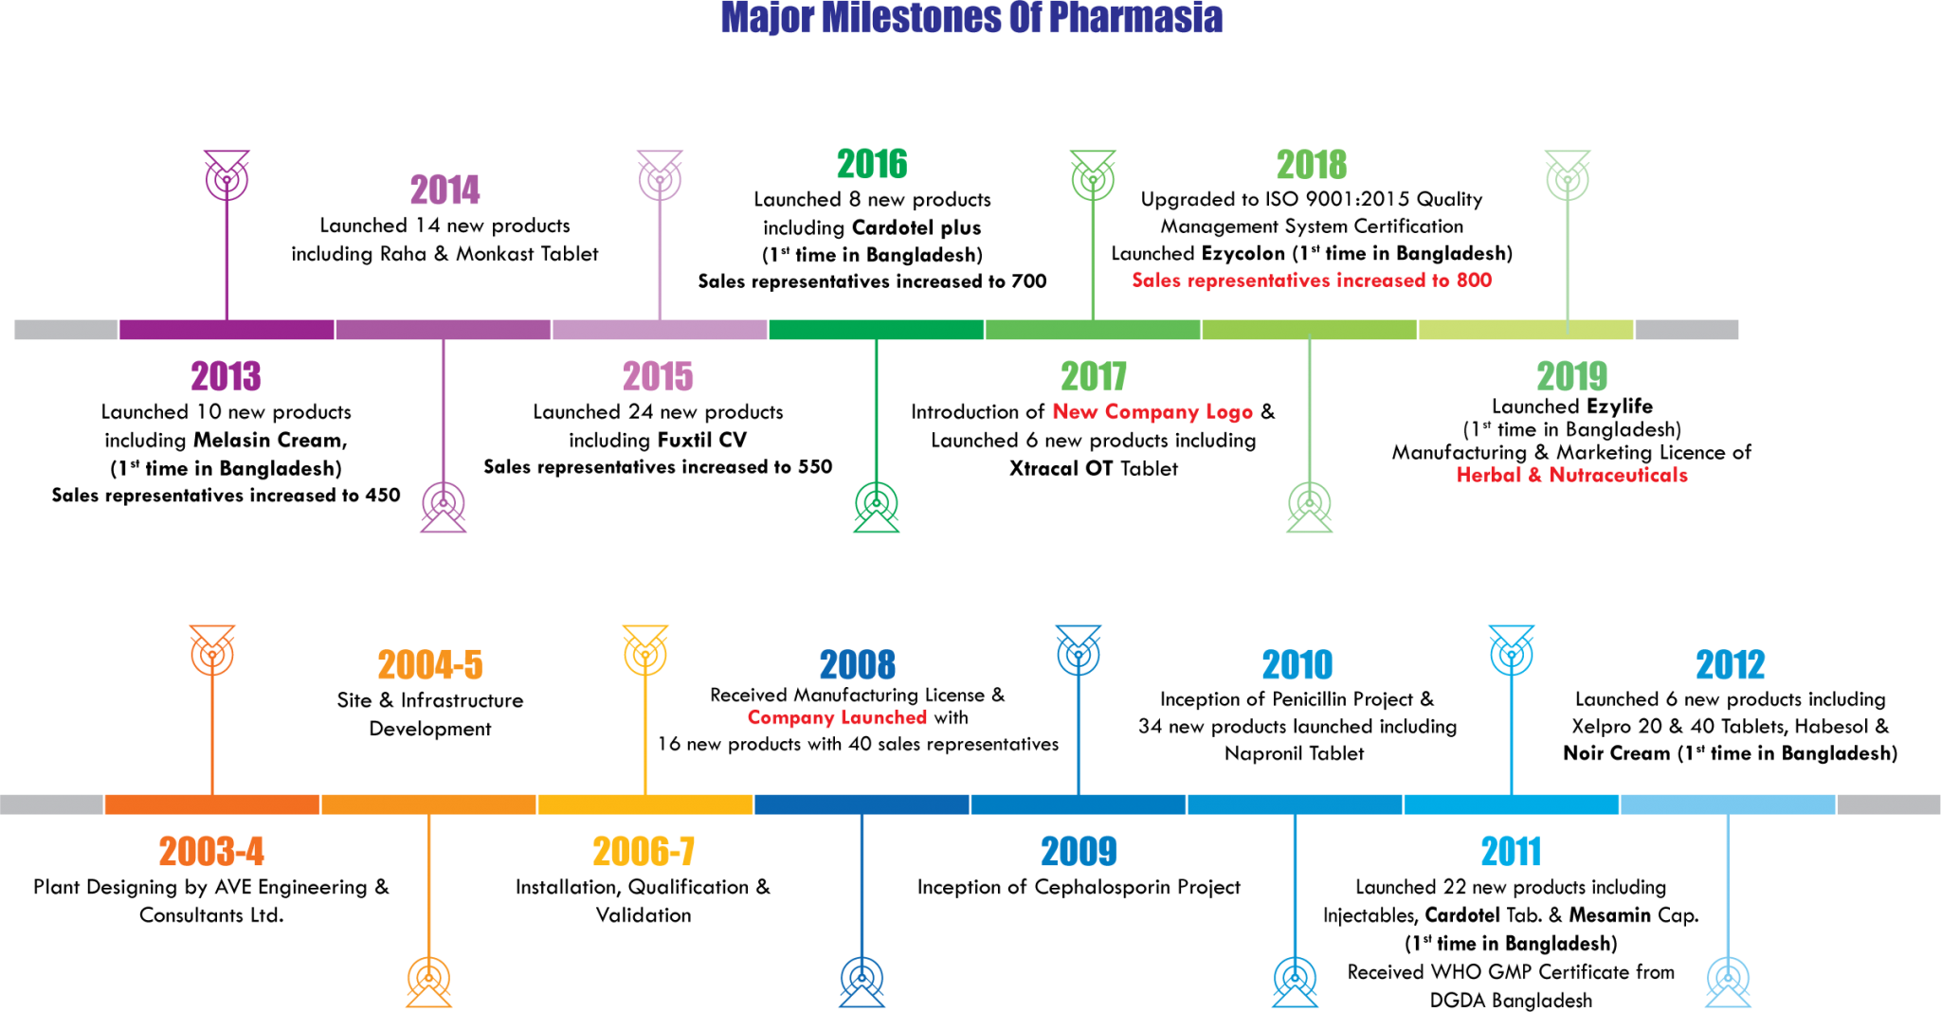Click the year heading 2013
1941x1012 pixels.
[226, 376]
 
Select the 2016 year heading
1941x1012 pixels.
[872, 164]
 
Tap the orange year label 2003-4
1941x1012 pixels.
[211, 851]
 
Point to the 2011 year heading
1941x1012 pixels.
[1511, 851]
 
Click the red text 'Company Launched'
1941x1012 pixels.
[837, 717]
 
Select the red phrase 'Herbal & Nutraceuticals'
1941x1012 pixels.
[1571, 475]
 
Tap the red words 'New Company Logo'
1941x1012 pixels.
[1152, 412]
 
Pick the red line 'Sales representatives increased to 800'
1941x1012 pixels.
[1312, 280]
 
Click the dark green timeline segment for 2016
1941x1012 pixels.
[876, 329]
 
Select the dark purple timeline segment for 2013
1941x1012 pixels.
[227, 329]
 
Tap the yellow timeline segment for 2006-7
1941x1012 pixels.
[645, 804]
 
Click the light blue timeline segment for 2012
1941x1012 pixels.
[1728, 804]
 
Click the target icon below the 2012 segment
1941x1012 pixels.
[1728, 981]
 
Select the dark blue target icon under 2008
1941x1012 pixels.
[862, 981]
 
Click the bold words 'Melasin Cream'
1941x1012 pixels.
[270, 440]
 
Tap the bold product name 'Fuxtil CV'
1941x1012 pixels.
[702, 440]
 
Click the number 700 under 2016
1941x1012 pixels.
[1028, 281]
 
